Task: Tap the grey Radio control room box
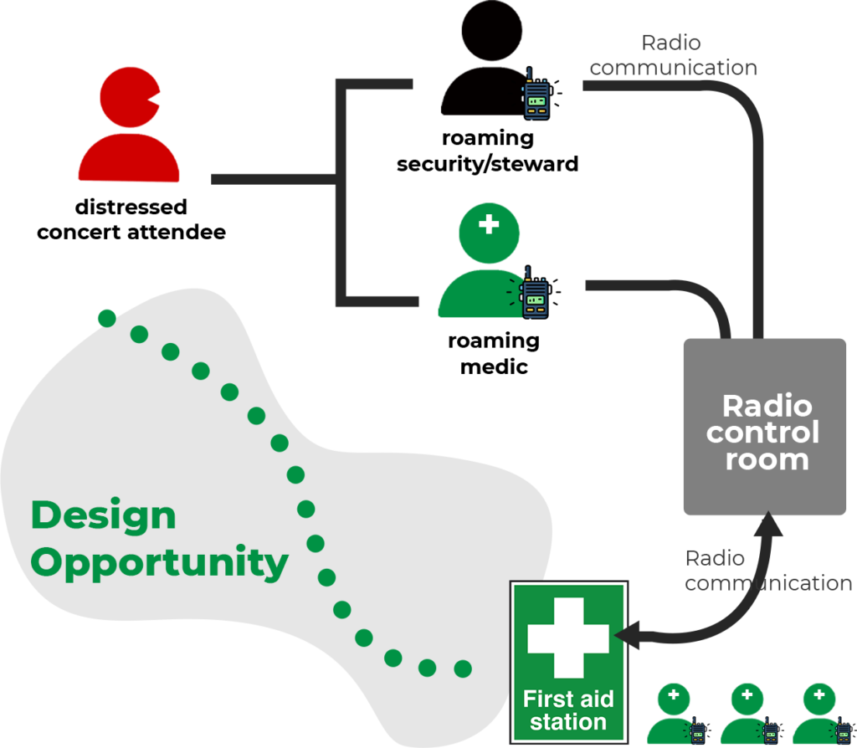tap(764, 427)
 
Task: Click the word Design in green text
tap(103, 515)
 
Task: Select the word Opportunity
tap(159, 562)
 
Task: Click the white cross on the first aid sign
tap(568, 638)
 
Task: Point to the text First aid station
tap(568, 710)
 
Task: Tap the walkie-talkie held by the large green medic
tap(535, 293)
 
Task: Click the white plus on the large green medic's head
tap(489, 224)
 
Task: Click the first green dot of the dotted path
tap(106, 318)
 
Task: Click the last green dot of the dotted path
tap(462, 669)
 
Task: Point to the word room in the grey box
tap(767, 459)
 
